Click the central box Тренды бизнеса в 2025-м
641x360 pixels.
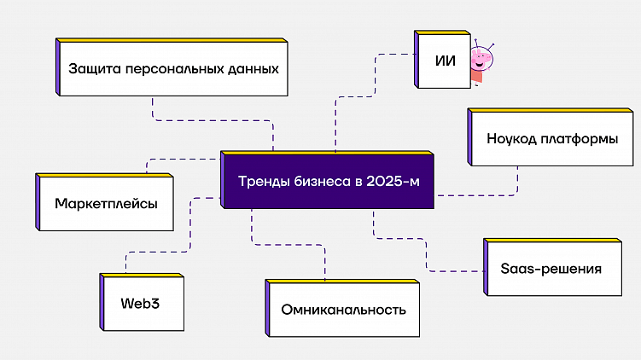[x=329, y=182]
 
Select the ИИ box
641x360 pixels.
[x=444, y=61]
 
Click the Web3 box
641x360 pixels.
[x=142, y=303]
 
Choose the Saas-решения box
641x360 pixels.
[x=551, y=269]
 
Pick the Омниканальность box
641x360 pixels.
[x=343, y=309]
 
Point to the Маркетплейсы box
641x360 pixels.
[x=106, y=204]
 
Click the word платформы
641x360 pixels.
[x=580, y=138]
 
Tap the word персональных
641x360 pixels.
[x=175, y=67]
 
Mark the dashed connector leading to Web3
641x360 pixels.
[x=127, y=261]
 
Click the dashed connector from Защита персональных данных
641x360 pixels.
[x=213, y=119]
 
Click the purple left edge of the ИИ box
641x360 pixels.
[x=417, y=61]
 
